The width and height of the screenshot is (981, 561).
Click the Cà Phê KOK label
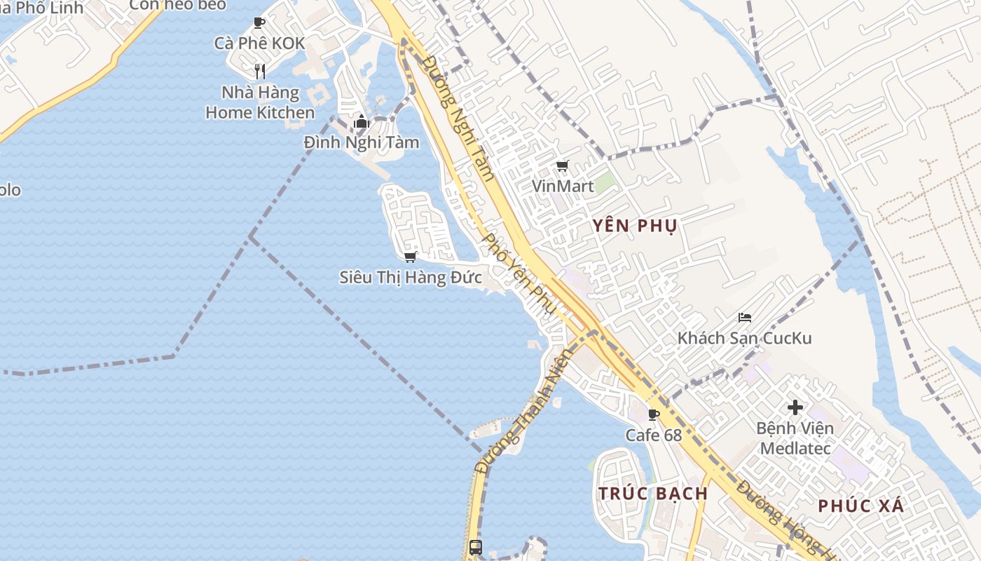coord(259,43)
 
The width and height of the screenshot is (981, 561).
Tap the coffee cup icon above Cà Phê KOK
coord(259,22)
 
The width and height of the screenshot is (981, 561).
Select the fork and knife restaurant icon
coord(260,71)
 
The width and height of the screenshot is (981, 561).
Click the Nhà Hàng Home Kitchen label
coord(260,102)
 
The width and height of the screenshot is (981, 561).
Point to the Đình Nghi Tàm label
coord(362,142)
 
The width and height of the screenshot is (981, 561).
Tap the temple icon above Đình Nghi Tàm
coord(362,122)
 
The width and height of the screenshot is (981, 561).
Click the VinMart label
coord(563,186)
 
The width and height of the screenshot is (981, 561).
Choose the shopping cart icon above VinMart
coord(562,166)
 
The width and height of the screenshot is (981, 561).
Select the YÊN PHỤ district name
coord(635,226)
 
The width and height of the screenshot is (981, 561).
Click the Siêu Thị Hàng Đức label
coord(411,277)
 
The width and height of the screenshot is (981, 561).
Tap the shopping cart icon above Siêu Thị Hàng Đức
coord(411,257)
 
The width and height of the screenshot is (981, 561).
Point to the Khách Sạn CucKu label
coord(744,338)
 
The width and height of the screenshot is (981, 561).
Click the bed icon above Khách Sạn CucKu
coord(745,318)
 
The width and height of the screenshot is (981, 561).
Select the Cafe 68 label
coord(654,435)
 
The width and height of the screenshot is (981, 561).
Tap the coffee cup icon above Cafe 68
coord(654,414)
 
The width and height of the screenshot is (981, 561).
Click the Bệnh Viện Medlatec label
coord(795,438)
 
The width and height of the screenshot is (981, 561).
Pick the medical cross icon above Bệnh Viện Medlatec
coord(795,407)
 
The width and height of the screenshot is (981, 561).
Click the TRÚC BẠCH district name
coord(653,493)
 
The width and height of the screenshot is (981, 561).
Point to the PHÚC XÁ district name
coord(861,506)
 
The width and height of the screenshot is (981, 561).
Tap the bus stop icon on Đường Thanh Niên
coord(476,547)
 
